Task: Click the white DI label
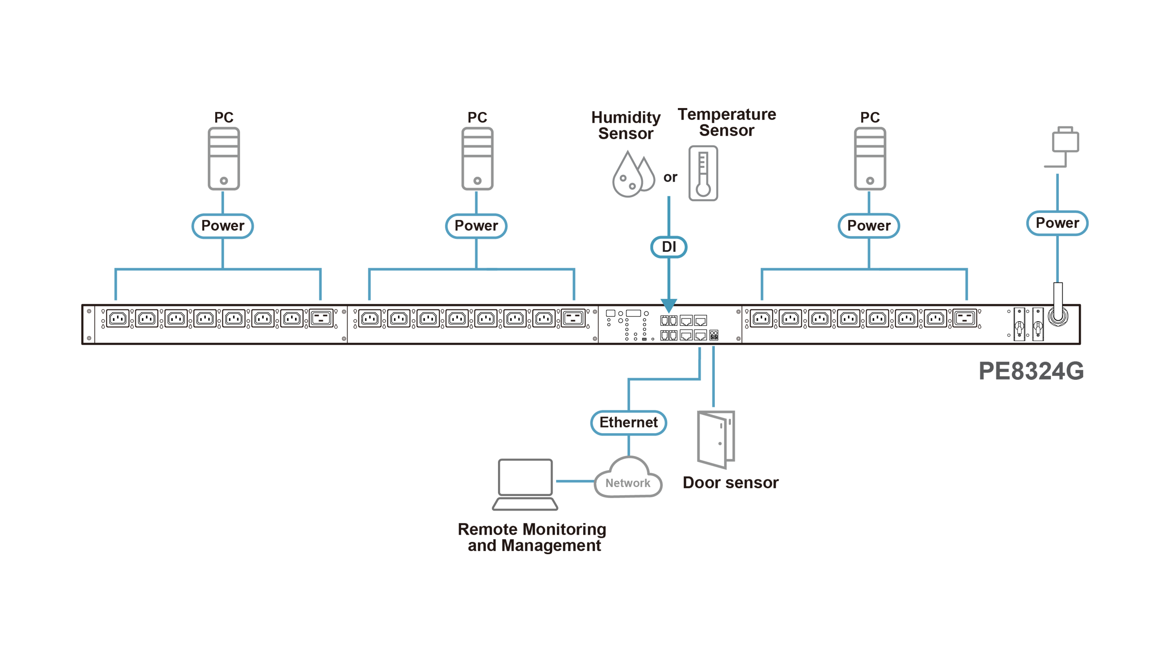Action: [668, 247]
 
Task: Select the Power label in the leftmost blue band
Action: [222, 225]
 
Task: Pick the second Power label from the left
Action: [476, 225]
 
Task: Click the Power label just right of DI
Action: [869, 225]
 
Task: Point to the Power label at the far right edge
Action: [1057, 223]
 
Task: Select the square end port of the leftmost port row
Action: [321, 318]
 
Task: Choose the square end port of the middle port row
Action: [573, 318]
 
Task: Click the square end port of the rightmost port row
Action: [964, 318]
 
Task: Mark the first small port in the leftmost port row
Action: [117, 318]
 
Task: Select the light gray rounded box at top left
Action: [223, 157]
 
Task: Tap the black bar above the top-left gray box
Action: [223, 115]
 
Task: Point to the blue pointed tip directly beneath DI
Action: [668, 308]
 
